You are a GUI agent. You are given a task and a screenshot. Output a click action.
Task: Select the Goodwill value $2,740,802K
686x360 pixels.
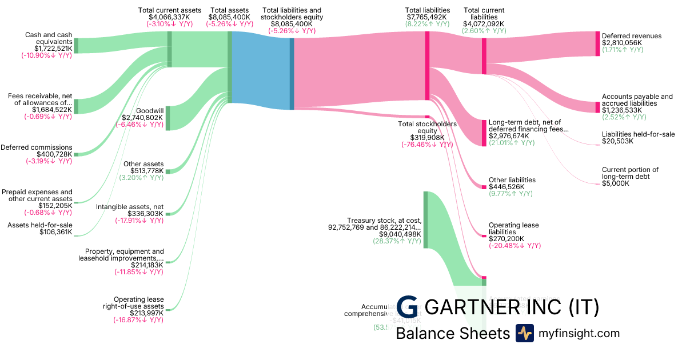(142, 117)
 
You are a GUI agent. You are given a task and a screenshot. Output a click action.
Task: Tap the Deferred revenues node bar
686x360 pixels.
(598, 43)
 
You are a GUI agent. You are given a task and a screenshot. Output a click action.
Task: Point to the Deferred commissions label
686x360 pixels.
(37, 147)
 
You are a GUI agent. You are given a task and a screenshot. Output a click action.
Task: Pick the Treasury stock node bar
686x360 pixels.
(425, 220)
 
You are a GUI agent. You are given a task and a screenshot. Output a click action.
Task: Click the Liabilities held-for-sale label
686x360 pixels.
(638, 134)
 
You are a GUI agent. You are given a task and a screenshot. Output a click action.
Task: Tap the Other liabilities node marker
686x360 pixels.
(484, 187)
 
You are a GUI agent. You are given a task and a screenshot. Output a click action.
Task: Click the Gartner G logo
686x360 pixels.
(408, 307)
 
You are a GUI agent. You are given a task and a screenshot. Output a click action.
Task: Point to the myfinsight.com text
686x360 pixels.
(579, 333)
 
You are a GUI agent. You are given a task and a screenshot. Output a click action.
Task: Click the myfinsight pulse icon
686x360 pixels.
(524, 333)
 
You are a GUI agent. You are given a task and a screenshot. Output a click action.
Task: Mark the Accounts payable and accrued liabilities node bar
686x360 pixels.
(598, 107)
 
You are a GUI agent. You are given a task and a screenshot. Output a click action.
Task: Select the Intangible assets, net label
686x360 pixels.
(130, 207)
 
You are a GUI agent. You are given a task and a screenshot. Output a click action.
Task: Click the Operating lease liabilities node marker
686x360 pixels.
(484, 235)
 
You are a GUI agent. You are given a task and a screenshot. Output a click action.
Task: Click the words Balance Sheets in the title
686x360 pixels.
(452, 333)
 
